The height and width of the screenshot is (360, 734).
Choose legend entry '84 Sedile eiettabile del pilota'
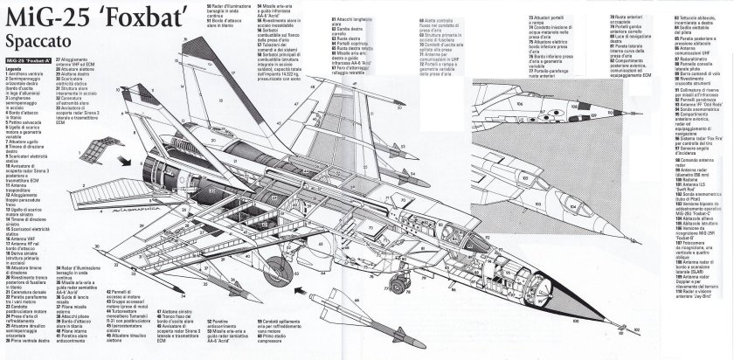coord(681,20)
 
